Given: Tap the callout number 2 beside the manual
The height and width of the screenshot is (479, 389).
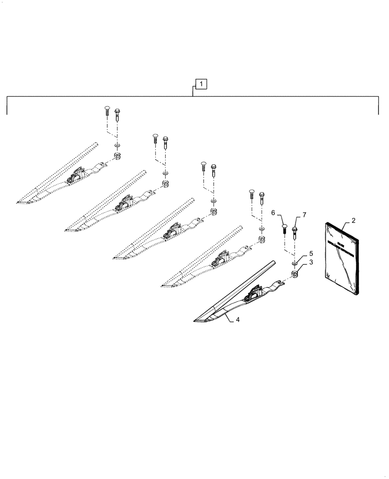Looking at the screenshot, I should tap(353, 221).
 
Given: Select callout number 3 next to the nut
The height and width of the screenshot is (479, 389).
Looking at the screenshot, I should tap(311, 262).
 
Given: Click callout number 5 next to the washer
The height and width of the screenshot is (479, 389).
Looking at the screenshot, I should tap(311, 253).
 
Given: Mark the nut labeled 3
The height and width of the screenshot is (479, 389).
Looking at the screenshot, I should tap(295, 274).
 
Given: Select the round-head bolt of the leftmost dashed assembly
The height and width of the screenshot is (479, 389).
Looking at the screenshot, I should tap(106, 111).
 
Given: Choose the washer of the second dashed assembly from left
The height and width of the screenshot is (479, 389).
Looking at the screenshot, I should tap(165, 173).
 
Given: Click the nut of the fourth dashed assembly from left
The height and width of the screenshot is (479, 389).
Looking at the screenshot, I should tap(262, 238).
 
